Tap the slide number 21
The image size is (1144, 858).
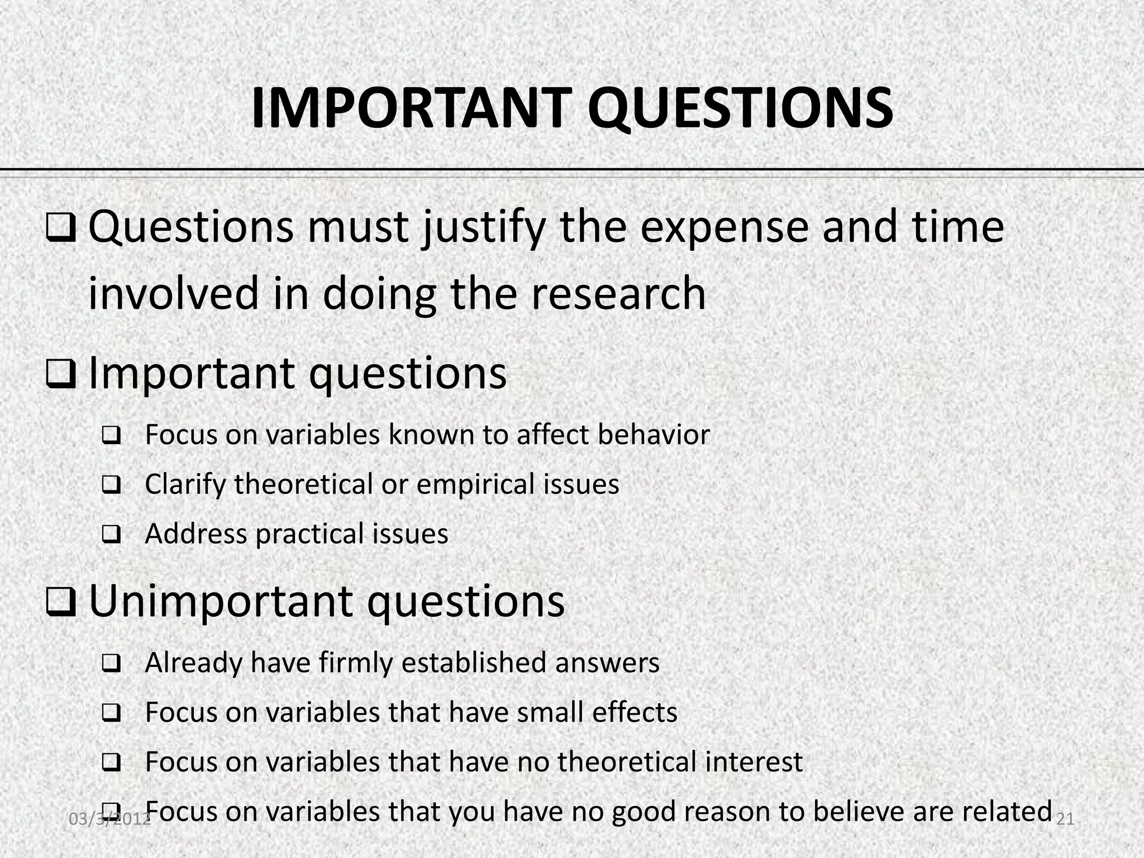click(x=1066, y=819)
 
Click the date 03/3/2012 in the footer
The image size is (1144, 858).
click(x=109, y=819)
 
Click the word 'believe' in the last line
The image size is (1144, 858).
click(x=859, y=812)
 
